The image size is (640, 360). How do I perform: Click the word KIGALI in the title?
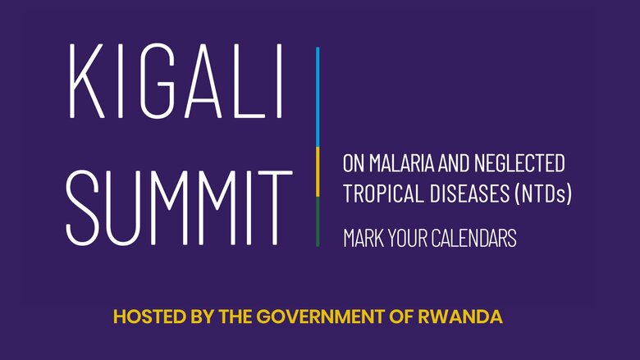point(176,80)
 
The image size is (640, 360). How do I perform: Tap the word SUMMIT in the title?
point(179,208)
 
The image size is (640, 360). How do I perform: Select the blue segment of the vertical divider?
point(318,97)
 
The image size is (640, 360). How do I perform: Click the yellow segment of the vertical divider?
point(318,172)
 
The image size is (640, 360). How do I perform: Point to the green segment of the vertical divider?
point(318,221)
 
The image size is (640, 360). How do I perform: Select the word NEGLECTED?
point(519,163)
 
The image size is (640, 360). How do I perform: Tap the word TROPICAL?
point(383,194)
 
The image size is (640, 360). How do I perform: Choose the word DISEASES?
point(469,194)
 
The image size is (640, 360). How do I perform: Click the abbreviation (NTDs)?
point(543,194)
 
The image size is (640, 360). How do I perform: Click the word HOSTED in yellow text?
point(150,317)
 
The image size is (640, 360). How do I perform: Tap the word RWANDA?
point(460,317)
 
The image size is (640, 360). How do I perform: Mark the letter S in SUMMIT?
point(82,208)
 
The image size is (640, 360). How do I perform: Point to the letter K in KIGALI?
point(86,81)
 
